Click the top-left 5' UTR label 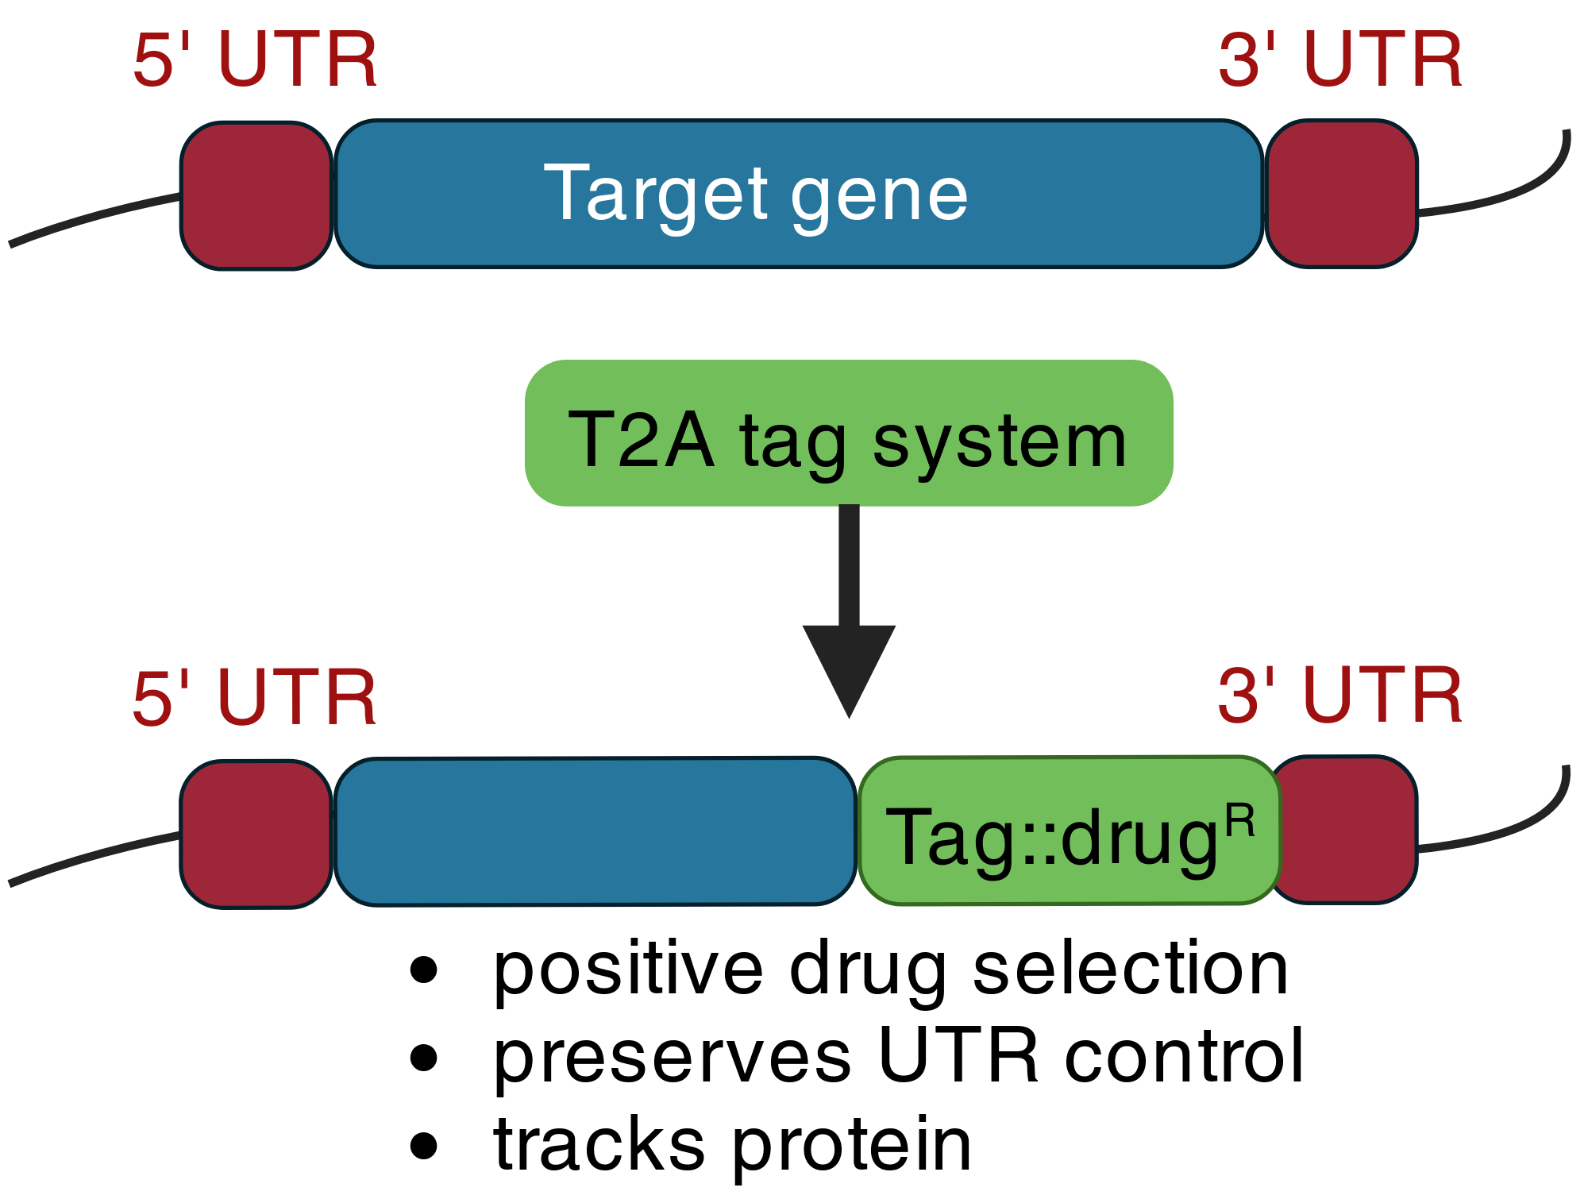point(255,60)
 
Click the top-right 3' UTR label point(1340,60)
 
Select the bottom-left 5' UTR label point(255,697)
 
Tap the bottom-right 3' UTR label point(1340,696)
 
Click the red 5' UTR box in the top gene point(256,196)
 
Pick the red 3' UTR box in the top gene point(1342,194)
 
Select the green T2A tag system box point(849,433)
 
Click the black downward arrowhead point(849,671)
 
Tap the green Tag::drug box point(1070,831)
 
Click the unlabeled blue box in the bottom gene point(595,831)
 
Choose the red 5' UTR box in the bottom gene point(256,834)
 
